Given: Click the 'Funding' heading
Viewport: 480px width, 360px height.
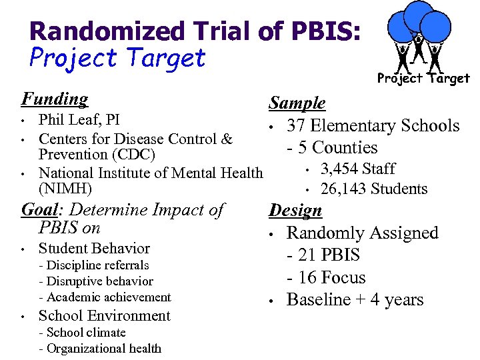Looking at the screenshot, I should [55, 99].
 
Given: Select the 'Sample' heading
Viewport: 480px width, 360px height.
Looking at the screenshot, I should [297, 103].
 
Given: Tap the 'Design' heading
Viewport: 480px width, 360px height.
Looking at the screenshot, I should [295, 211].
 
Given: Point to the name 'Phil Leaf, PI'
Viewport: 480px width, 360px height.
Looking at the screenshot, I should [79, 120].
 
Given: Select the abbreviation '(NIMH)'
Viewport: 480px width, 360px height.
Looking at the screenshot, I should [65, 189].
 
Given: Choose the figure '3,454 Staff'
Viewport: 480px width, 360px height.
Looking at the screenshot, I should [357, 169].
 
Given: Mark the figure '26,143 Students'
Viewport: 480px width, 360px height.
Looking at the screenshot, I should [373, 189].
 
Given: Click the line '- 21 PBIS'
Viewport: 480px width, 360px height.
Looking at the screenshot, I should [323, 255].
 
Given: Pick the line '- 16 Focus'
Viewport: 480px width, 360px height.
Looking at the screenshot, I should [326, 278].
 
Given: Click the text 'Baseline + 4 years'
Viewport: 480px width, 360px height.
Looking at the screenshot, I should [355, 300].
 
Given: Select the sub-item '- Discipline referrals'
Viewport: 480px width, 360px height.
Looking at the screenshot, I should [94, 265].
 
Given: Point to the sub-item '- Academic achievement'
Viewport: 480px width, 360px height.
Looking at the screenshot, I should [105, 297].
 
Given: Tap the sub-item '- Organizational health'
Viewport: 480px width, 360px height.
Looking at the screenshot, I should [100, 349].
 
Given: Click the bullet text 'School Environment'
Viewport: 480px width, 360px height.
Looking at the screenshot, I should [105, 316].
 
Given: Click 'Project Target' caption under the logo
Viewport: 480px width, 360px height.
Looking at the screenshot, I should [423, 79].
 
